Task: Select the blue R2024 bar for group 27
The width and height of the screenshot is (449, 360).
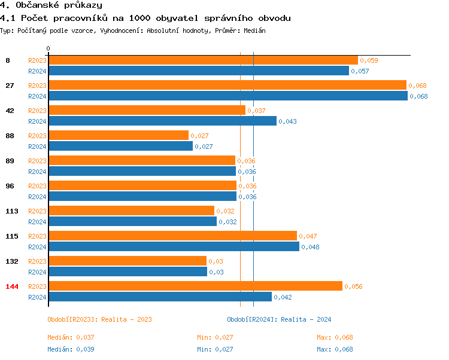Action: point(227,96)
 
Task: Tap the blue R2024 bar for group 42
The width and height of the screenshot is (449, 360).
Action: point(162,121)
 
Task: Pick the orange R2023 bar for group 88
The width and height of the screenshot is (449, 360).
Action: point(118,136)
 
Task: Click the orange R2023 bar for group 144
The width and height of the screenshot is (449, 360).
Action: point(195,286)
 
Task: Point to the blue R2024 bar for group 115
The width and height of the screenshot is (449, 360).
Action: point(173,247)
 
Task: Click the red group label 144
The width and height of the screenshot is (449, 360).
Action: point(12,286)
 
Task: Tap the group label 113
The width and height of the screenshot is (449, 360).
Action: point(12,211)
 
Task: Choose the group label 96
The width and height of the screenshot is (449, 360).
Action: point(10,186)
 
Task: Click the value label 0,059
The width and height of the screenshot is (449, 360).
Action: point(369,60)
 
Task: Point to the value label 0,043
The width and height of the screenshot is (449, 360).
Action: point(288,121)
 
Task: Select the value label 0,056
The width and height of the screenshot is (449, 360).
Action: point(354,286)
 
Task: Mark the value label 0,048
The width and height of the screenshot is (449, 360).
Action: point(311,247)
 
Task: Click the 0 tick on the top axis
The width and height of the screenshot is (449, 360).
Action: point(48,48)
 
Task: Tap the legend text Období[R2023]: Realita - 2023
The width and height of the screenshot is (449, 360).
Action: point(99,319)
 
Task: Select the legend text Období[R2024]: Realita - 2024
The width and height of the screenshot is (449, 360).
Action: point(279,319)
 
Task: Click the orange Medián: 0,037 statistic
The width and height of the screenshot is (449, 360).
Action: point(71,337)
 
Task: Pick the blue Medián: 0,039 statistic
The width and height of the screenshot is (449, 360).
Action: point(71,349)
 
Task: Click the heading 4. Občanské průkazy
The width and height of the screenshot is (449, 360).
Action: point(51,5)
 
